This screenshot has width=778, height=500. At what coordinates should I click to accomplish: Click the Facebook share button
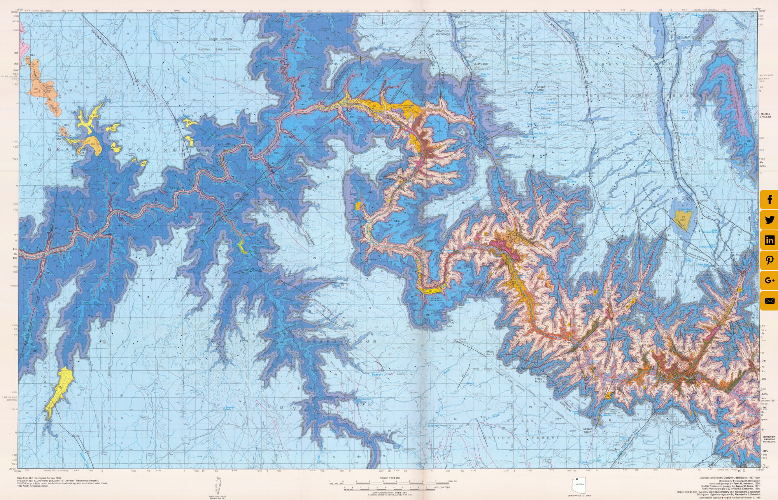769,200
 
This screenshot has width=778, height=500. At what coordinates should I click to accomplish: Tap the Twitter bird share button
769,220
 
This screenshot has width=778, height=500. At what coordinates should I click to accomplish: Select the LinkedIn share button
769,240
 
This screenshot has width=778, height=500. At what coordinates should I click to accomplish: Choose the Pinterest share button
769,260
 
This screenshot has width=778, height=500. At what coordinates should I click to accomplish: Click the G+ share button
769,281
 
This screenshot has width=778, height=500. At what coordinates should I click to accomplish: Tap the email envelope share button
769,301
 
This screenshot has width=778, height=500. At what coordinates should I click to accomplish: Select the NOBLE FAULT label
541,88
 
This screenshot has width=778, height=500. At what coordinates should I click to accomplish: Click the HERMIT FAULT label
588,430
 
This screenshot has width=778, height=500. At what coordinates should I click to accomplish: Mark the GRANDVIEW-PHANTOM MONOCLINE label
766,439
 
